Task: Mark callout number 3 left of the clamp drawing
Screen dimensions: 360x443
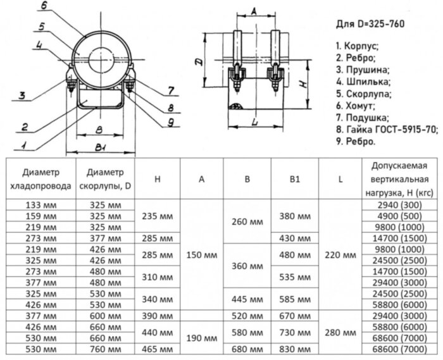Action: [x=22, y=96]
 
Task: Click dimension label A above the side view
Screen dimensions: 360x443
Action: [x=253, y=11]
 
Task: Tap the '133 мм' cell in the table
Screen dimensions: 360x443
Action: [x=39, y=204]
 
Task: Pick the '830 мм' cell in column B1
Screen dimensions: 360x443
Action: [x=295, y=349]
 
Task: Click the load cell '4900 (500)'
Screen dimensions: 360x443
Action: [x=400, y=215]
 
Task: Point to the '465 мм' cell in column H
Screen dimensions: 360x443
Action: [x=157, y=349]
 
